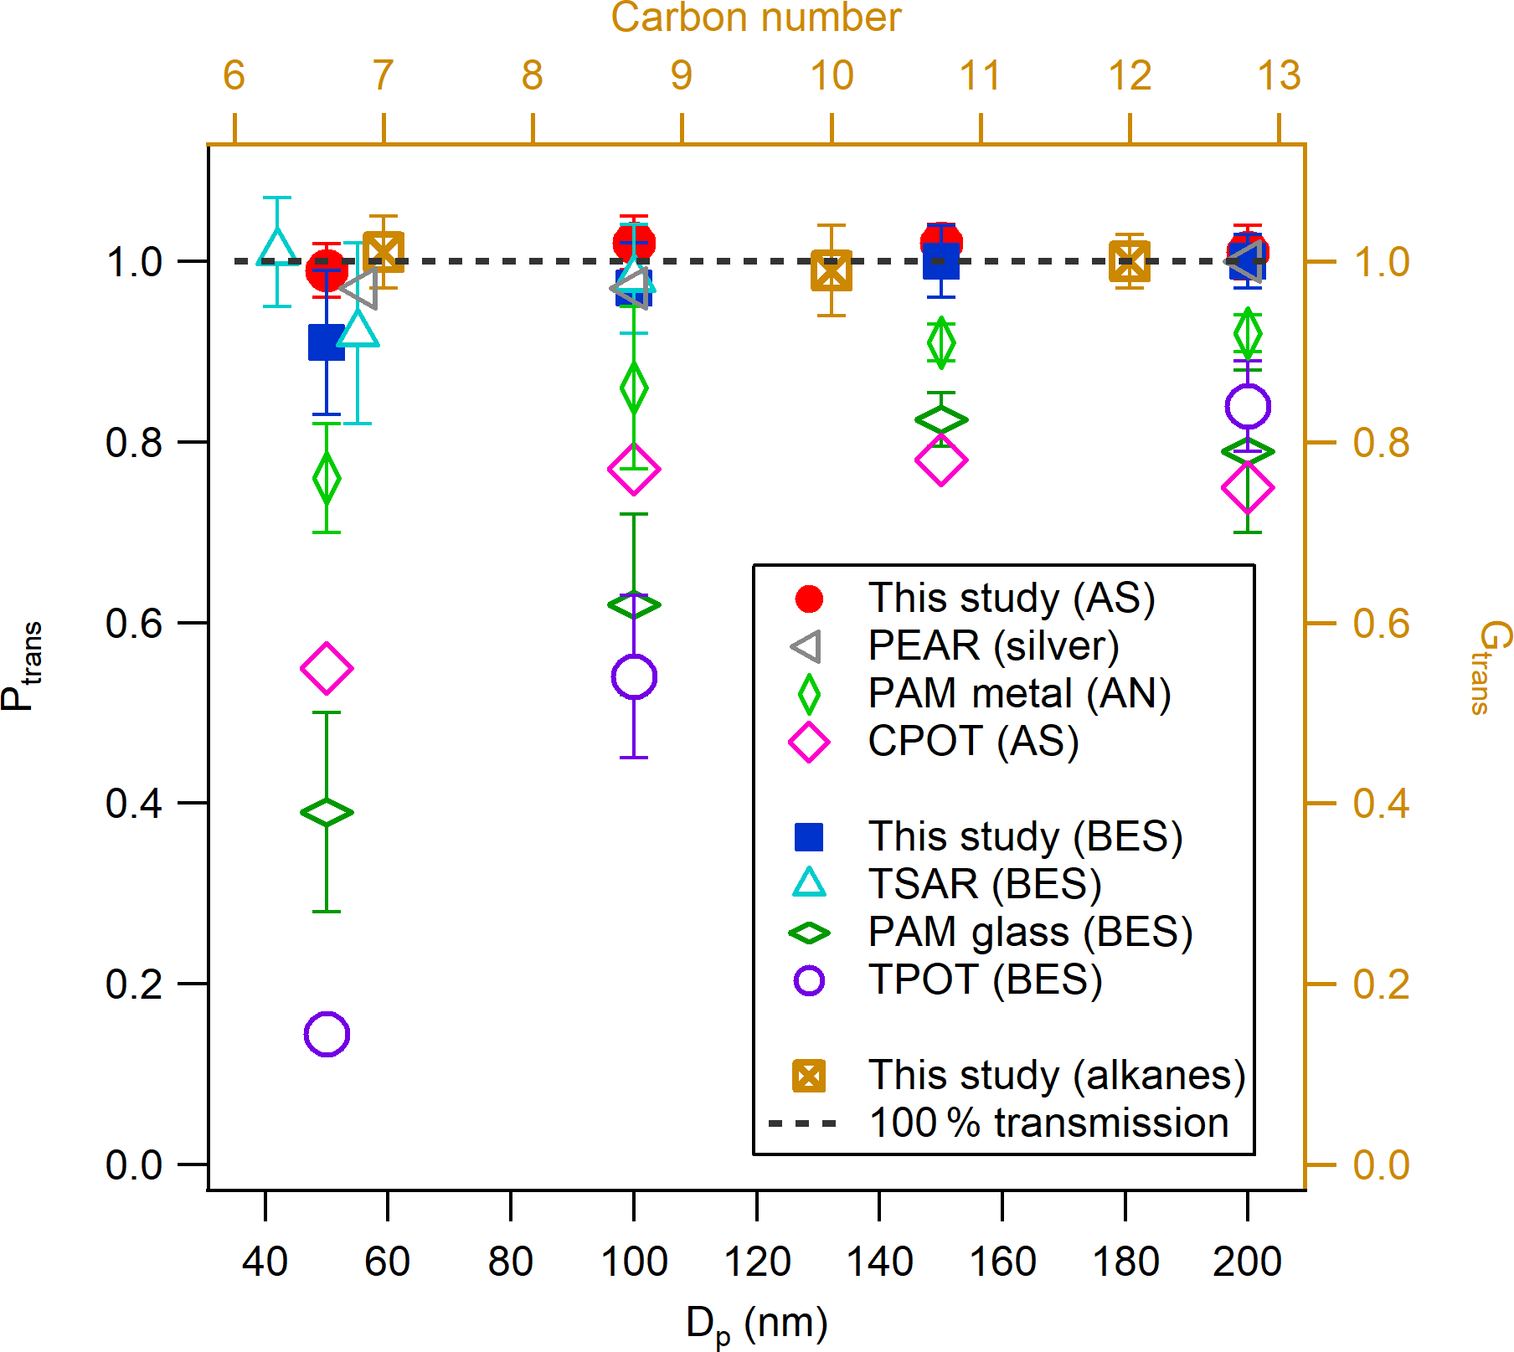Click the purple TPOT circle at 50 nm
pyautogui.click(x=327, y=1034)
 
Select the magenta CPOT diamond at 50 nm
pyautogui.click(x=327, y=668)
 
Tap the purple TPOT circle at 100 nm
pyautogui.click(x=634, y=676)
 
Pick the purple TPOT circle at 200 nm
pyautogui.click(x=1248, y=407)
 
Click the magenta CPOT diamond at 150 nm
pyautogui.click(x=941, y=460)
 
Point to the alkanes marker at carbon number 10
pyautogui.click(x=832, y=270)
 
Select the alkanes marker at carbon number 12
pyautogui.click(x=1130, y=262)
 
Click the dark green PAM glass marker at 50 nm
pyautogui.click(x=327, y=812)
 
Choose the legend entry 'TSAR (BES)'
pyautogui.click(x=984, y=884)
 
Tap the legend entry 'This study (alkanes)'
pyautogui.click(x=1056, y=1075)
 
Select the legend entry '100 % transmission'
pyautogui.click(x=1048, y=1123)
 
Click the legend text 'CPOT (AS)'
pyautogui.click(x=973, y=741)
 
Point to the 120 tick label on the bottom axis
pyautogui.click(x=757, y=1261)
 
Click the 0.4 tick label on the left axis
pyautogui.click(x=134, y=804)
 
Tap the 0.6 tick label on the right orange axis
pyautogui.click(x=1381, y=624)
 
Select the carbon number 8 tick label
pyautogui.click(x=533, y=76)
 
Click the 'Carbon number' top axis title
pyautogui.click(x=755, y=18)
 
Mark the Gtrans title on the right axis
pyautogui.click(x=1488, y=667)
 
